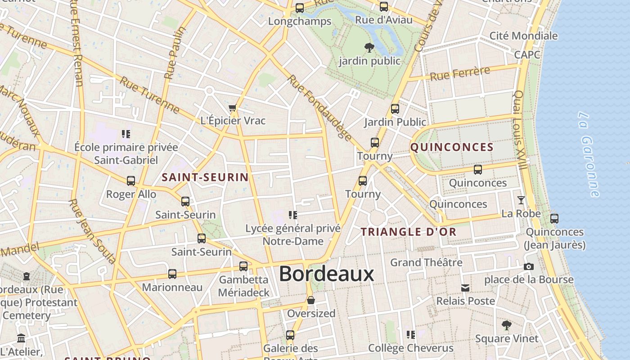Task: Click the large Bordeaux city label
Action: (326, 274)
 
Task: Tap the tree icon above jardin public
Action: (369, 47)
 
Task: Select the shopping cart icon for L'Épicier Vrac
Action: (232, 108)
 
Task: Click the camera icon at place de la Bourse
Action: (529, 266)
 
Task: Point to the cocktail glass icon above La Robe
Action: (521, 200)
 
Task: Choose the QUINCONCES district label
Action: (452, 147)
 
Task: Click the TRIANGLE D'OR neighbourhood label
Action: (409, 232)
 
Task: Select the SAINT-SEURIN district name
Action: (205, 177)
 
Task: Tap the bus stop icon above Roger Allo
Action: (131, 181)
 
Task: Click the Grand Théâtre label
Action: (426, 262)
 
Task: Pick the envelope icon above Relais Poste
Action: (465, 288)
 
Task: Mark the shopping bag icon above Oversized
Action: (310, 300)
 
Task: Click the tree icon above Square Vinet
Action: (507, 325)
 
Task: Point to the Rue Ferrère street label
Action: (460, 73)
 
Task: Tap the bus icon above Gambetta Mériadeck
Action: (243, 266)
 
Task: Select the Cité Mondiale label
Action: (523, 36)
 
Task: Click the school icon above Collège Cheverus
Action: (410, 335)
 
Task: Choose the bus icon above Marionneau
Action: (172, 274)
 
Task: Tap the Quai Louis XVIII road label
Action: (520, 130)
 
